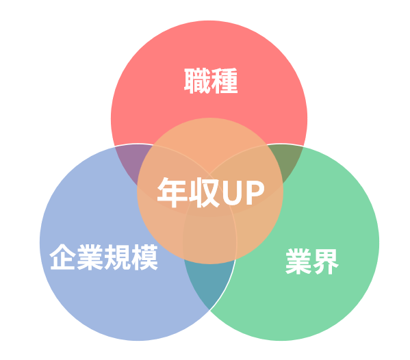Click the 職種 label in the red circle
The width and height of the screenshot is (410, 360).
point(211,81)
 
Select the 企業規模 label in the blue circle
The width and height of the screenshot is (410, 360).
point(104,257)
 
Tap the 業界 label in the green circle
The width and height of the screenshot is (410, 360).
point(312,261)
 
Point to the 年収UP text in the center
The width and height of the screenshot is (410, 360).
point(211,192)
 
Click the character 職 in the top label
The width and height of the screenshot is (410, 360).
point(197,81)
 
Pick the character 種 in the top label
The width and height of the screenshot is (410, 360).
point(225,81)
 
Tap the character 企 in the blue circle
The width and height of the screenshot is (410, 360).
point(63,257)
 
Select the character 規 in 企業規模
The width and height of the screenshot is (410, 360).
point(118,257)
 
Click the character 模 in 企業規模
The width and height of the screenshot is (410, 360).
point(144,257)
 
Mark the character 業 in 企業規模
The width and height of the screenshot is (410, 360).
point(90,257)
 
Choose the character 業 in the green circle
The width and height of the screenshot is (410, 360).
point(298,261)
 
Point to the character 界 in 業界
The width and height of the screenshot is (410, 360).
point(326,261)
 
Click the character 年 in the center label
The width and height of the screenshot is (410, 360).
point(172,192)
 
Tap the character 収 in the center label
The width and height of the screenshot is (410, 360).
point(204,192)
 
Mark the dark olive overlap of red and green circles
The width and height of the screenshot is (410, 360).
point(285,161)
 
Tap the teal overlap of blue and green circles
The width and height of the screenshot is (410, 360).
point(209,283)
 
